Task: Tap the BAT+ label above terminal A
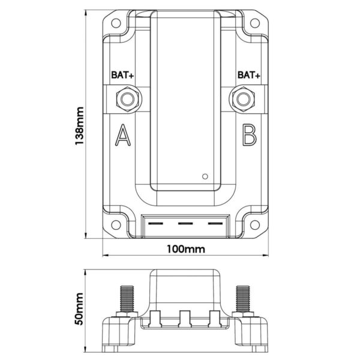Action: coord(122,76)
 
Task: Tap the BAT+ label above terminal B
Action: coord(248,76)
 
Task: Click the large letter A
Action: coord(122,136)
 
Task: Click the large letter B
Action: coord(248,136)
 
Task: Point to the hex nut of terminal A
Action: coord(127,98)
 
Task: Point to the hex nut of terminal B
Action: coord(243,98)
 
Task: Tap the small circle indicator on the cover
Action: coord(205,176)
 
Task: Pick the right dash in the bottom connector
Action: coord(214,224)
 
